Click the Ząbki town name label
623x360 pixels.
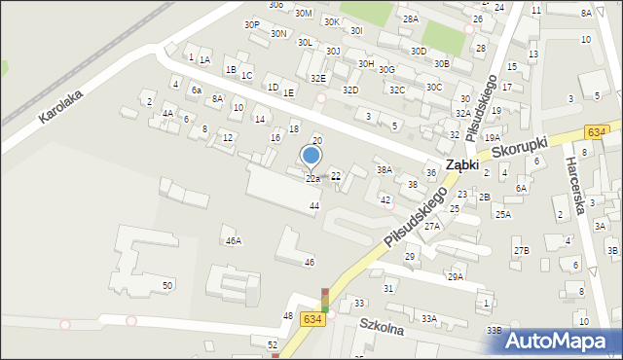coord(461,164)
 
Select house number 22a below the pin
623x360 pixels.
coord(312,179)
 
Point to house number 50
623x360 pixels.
coord(167,285)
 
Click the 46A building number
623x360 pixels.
coord(233,240)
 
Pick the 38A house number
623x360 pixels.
coord(385,169)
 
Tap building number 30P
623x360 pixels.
coord(252,25)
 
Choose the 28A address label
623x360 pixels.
coord(410,18)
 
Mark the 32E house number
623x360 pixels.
coord(317,78)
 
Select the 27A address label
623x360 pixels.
coord(431,226)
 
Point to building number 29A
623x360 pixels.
coord(455,276)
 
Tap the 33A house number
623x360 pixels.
coord(429,318)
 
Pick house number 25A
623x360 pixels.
coord(502,215)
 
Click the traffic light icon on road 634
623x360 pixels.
coord(325,300)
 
